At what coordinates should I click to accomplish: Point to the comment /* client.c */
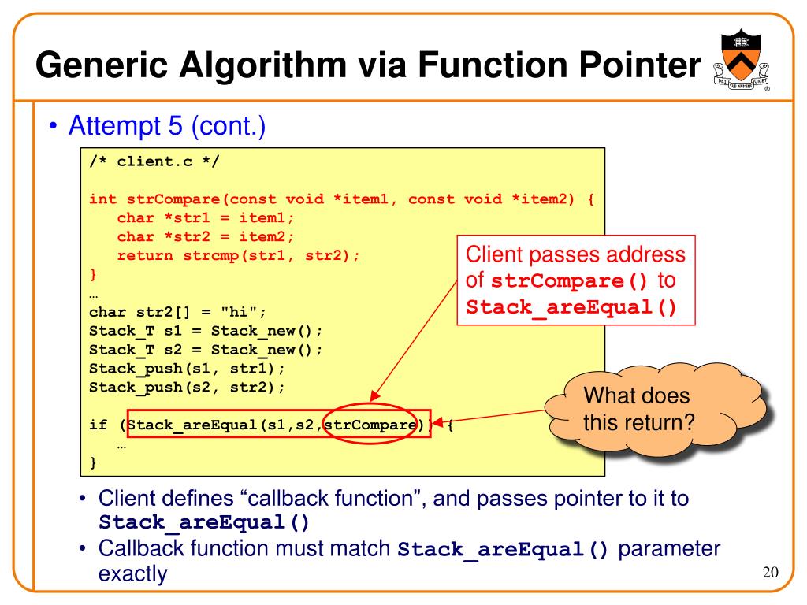[x=154, y=163]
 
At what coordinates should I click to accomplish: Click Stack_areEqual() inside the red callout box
[x=571, y=306]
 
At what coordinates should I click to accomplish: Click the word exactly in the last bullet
[x=132, y=574]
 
